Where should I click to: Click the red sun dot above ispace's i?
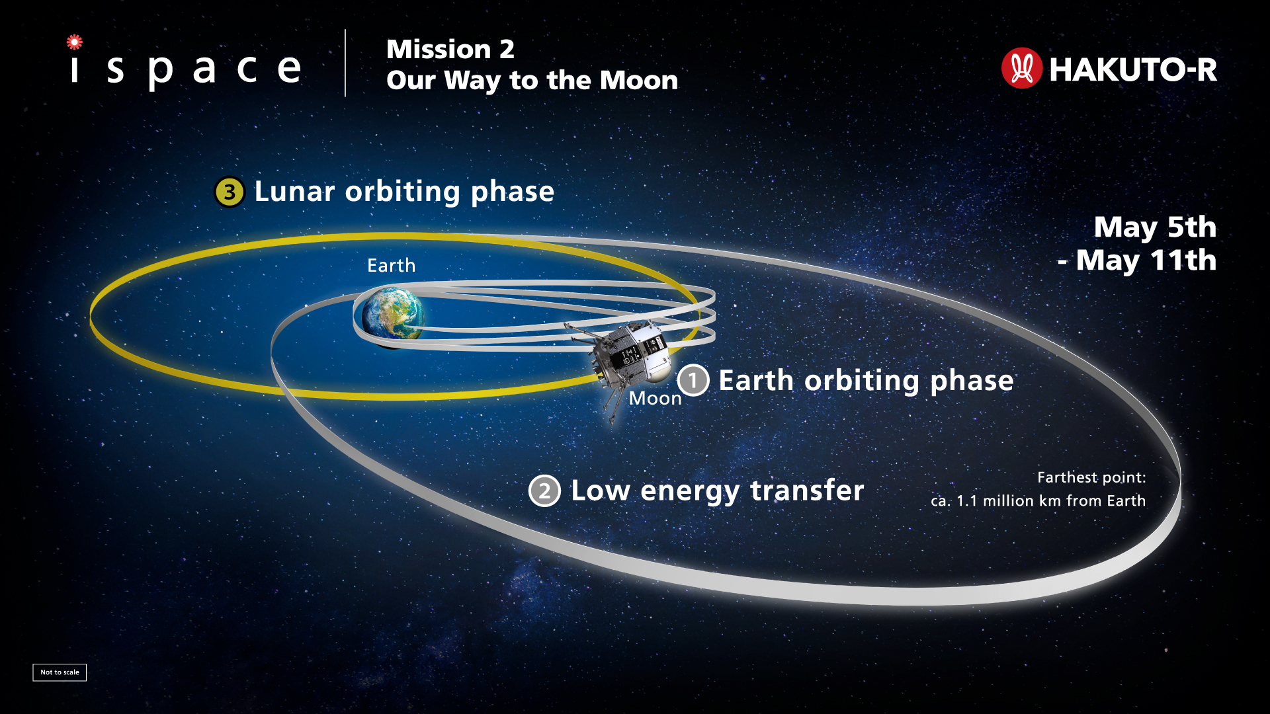click(x=75, y=42)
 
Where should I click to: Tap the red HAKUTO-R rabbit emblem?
click(x=1021, y=68)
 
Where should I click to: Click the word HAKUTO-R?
click(x=1133, y=69)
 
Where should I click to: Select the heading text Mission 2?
click(x=450, y=49)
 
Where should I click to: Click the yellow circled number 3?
click(x=230, y=192)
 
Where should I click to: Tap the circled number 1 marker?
click(x=693, y=380)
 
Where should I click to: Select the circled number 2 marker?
click(x=544, y=491)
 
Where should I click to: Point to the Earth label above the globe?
click(x=392, y=266)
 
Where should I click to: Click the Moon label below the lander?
click(x=655, y=398)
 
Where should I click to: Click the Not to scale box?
click(x=60, y=672)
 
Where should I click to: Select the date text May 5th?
click(x=1155, y=227)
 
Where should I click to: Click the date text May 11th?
click(x=1146, y=260)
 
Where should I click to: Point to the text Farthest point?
click(x=1091, y=477)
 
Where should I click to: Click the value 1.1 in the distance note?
click(x=967, y=501)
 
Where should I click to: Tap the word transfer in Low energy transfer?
click(x=807, y=491)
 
